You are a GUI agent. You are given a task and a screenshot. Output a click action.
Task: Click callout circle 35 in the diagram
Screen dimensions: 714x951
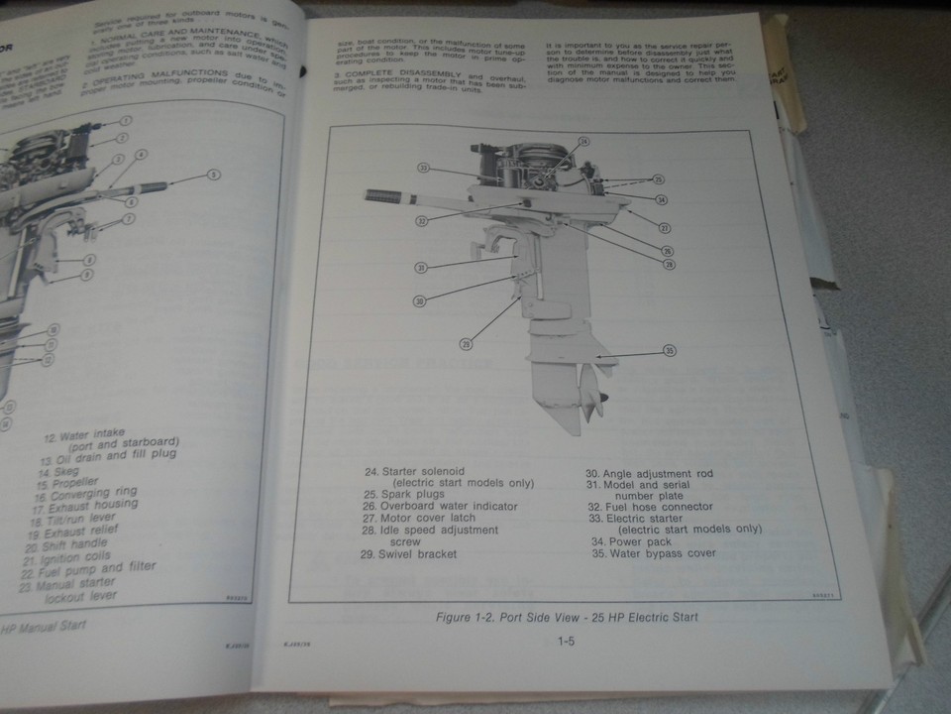click(670, 351)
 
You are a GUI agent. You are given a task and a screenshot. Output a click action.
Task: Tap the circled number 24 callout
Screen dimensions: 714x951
click(584, 143)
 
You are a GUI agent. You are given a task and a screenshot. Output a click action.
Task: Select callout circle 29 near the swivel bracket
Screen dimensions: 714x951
click(467, 344)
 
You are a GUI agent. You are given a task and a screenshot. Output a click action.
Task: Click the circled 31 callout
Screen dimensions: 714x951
click(421, 268)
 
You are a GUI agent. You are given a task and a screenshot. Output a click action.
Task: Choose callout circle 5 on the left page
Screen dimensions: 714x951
click(214, 174)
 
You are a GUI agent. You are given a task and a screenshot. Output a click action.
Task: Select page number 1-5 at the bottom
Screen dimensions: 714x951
click(567, 641)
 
